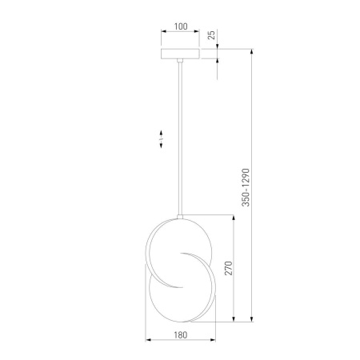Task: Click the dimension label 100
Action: pyautogui.click(x=181, y=26)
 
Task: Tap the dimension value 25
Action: pyautogui.click(x=211, y=35)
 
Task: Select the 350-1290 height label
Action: pyautogui.click(x=246, y=187)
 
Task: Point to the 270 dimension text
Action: pyautogui.click(x=229, y=268)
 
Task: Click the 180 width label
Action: pyautogui.click(x=181, y=335)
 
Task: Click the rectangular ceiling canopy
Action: pyautogui.click(x=180, y=54)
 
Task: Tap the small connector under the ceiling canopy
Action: pyautogui.click(x=180, y=60)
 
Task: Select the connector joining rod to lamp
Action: pyautogui.click(x=180, y=217)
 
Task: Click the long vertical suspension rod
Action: pyautogui.click(x=180, y=138)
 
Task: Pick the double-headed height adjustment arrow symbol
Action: pyautogui.click(x=161, y=139)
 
